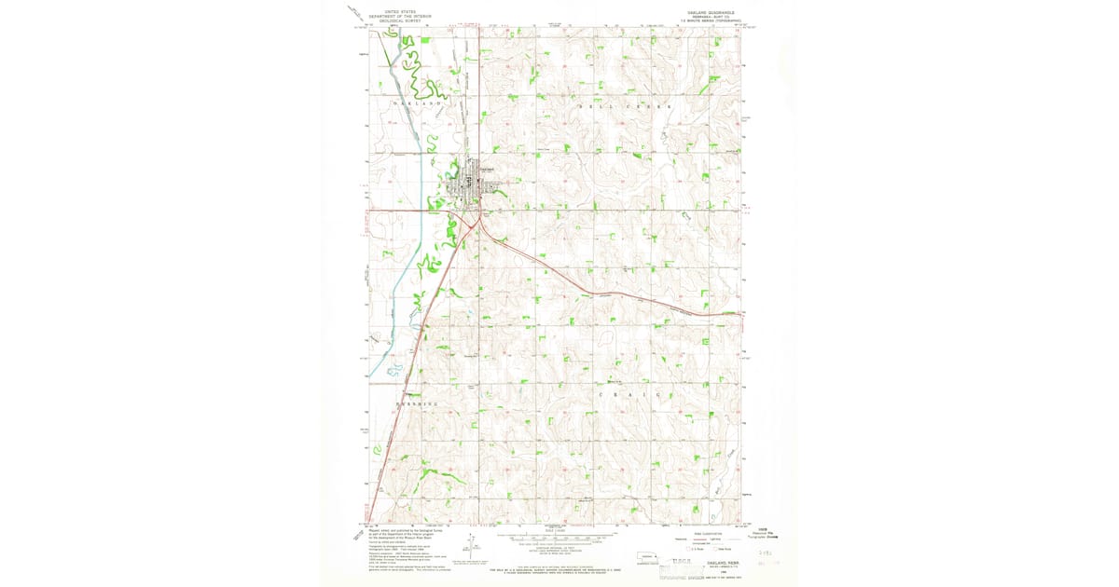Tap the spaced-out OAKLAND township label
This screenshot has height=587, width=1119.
point(416,102)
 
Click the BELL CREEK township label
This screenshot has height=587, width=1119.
point(625,107)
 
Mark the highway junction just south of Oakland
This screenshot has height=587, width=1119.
point(478,220)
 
